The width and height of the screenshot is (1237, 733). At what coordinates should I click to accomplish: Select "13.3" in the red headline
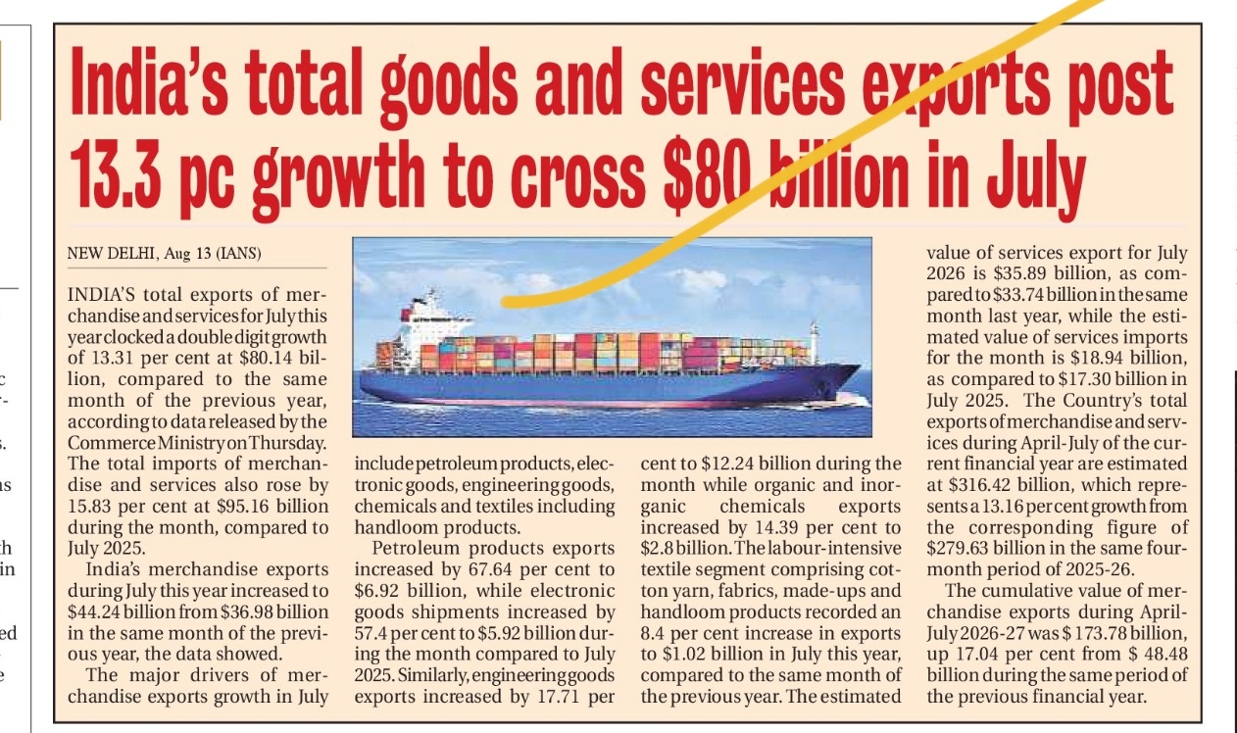click(116, 175)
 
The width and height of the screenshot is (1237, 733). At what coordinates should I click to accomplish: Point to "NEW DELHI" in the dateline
click(111, 254)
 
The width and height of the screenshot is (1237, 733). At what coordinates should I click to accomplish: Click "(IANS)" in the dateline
click(238, 254)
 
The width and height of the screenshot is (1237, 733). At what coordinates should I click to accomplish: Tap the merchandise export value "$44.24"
click(93, 612)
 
